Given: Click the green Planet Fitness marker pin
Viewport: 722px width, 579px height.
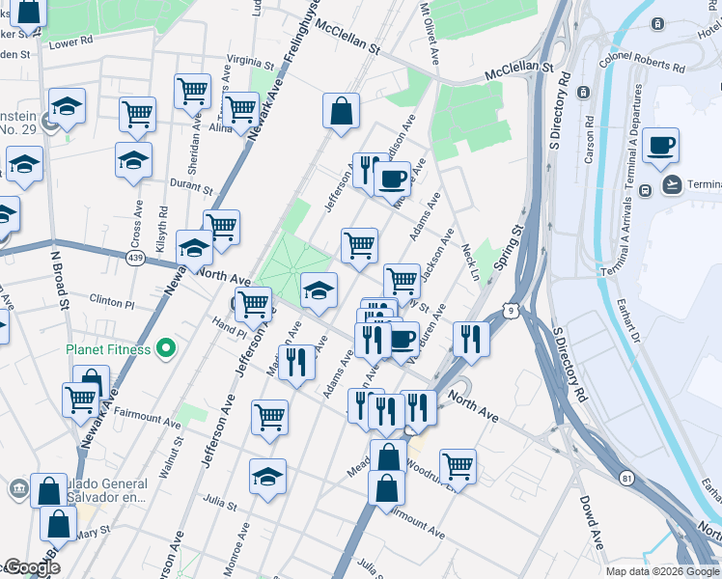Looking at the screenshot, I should [x=166, y=349].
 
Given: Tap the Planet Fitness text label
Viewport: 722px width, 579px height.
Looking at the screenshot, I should [x=108, y=349].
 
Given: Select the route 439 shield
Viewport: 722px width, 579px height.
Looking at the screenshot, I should [x=134, y=258].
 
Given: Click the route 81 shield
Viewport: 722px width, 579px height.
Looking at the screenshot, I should [x=627, y=477].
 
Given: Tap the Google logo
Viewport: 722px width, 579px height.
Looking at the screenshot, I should [x=31, y=567].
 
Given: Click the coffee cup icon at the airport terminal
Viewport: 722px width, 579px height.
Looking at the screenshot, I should [x=662, y=147].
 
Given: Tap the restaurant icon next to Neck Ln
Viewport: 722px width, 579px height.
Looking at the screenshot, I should [x=471, y=339].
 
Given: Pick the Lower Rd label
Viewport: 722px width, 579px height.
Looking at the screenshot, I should [x=69, y=42].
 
